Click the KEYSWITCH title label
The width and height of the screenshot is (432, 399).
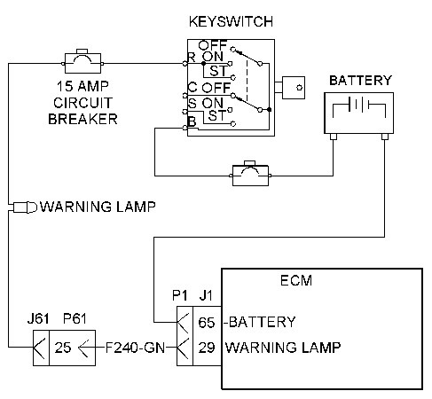[230, 20]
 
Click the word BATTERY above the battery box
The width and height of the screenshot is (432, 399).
[360, 81]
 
